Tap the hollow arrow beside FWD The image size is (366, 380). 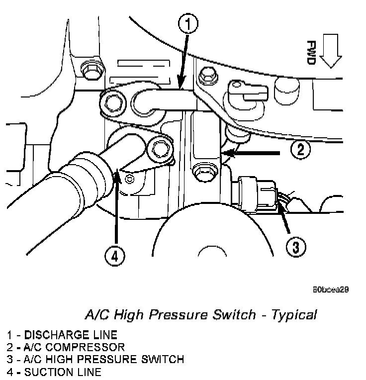pyautogui.click(x=330, y=53)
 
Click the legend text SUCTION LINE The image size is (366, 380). pyautogui.click(x=63, y=371)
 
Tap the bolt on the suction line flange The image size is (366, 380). pyautogui.click(x=160, y=148)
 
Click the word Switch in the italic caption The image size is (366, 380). pyautogui.click(x=233, y=315)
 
